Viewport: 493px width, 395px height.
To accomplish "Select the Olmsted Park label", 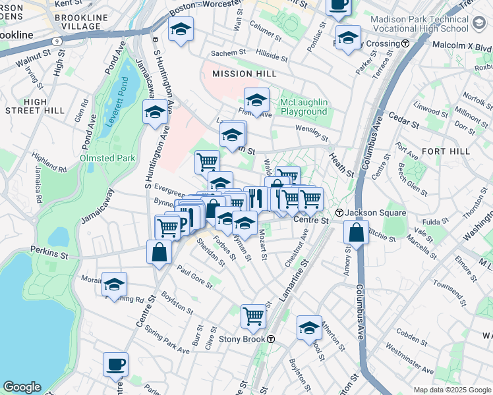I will (x=107, y=158).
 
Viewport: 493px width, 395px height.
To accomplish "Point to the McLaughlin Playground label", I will (x=303, y=107).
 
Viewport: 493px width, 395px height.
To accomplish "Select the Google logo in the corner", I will (x=22, y=386).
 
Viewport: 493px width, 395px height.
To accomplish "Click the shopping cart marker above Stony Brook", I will (x=253, y=316).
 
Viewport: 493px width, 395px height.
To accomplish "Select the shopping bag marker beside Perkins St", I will (x=159, y=251).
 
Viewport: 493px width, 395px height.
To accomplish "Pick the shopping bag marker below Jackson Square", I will (x=356, y=232).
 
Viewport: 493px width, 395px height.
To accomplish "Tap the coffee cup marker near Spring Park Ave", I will (x=116, y=364).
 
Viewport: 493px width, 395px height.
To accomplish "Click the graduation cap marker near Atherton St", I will (x=309, y=328).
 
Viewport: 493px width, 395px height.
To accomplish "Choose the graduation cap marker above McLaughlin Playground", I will (x=256, y=100).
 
